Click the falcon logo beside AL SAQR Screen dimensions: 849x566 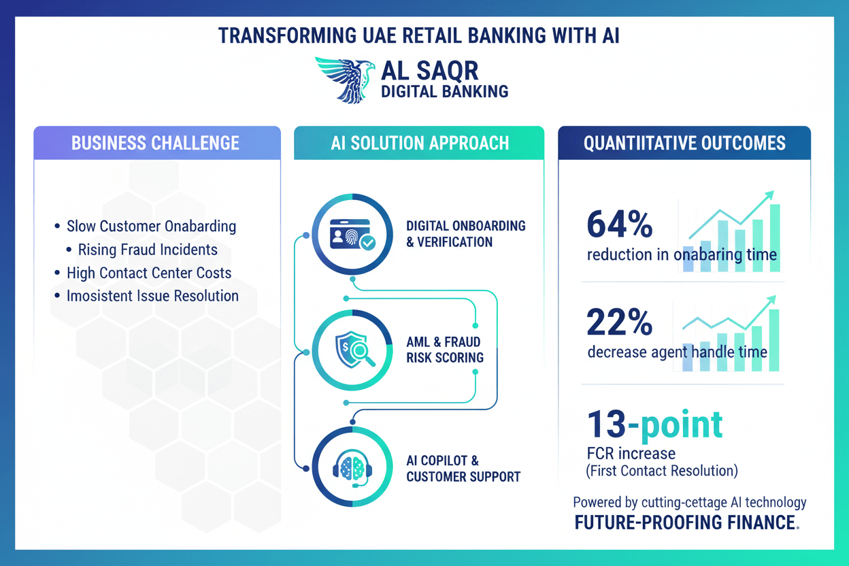pos(345,80)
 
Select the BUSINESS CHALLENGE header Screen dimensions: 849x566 pos(155,144)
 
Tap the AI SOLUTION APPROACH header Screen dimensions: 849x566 pos(420,144)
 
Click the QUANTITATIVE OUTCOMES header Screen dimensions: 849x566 pos(684,144)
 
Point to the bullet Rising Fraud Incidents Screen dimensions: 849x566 pos(142,250)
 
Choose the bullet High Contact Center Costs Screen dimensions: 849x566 pos(144,273)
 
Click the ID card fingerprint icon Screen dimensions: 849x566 pos(353,234)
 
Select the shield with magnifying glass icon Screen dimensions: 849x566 pos(354,350)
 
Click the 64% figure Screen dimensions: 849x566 pos(620,224)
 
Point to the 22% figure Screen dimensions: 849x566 pos(620,322)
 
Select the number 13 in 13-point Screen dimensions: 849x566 pos(606,424)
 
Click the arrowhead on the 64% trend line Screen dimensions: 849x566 pos(769,196)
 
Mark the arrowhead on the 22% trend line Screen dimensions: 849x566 pos(771,301)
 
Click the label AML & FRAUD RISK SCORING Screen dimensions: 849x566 pos(445,350)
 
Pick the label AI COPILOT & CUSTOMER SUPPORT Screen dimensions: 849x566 pos(463,469)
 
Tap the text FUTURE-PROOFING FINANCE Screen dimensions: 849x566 pos(685,522)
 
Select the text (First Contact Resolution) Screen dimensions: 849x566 pos(662,471)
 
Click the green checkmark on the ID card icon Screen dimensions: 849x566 pos(368,243)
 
